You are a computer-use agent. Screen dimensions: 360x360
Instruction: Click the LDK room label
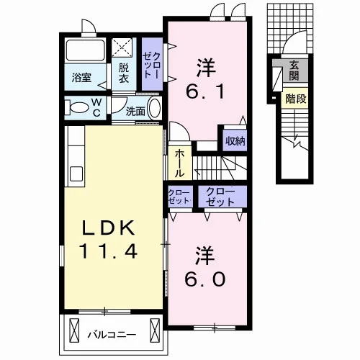pyautogui.click(x=108, y=228)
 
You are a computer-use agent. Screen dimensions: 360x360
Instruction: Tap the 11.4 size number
pyautogui.click(x=109, y=251)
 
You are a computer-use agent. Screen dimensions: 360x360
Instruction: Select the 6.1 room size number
pyautogui.click(x=205, y=91)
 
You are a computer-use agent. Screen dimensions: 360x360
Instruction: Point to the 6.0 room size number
pyautogui.click(x=205, y=279)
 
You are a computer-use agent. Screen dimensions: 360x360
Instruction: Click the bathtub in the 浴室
pyautogui.click(x=86, y=50)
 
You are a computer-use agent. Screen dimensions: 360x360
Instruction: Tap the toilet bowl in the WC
pyautogui.click(x=78, y=107)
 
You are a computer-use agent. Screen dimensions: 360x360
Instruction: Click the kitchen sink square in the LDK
pyautogui.click(x=76, y=174)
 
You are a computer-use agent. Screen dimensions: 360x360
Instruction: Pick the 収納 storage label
pyautogui.click(x=235, y=141)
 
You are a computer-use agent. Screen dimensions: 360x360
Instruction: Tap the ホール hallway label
pyautogui.click(x=179, y=163)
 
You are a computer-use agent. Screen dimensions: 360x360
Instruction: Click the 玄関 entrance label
pyautogui.click(x=294, y=70)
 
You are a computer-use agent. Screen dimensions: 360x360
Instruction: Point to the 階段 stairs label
pyautogui.click(x=296, y=99)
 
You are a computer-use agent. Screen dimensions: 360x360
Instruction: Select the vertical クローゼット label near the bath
pyautogui.click(x=150, y=65)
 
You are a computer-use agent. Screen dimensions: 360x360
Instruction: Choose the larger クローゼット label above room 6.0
pyautogui.click(x=220, y=197)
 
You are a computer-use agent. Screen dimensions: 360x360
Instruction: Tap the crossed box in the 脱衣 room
pyautogui.click(x=122, y=48)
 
